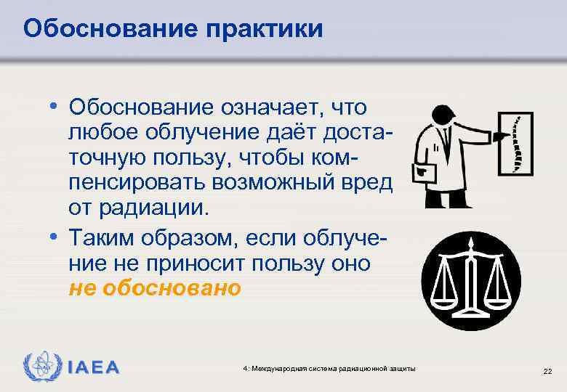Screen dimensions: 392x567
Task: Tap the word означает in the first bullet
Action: tap(271, 107)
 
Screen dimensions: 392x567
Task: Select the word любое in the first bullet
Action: tap(102, 132)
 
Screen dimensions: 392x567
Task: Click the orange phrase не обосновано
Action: tap(153, 288)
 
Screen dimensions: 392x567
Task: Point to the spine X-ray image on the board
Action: tap(515, 146)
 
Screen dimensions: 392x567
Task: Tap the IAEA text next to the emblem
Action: tap(93, 367)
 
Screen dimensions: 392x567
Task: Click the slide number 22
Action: tap(547, 371)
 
